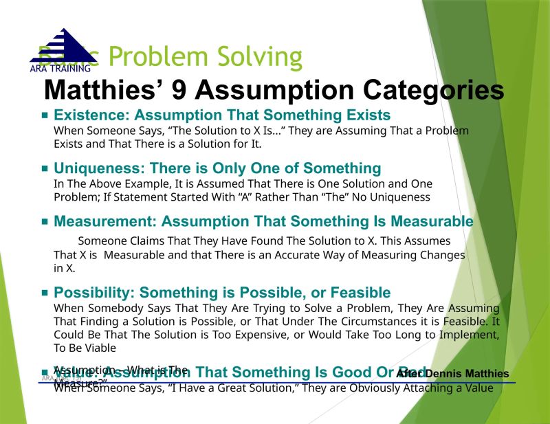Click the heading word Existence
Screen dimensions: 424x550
pos(90,115)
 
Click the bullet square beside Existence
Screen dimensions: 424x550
pos(45,115)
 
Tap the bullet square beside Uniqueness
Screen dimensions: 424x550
pos(45,169)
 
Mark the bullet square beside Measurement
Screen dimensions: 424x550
pos(45,222)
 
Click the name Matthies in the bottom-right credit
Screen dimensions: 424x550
pos(481,374)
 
